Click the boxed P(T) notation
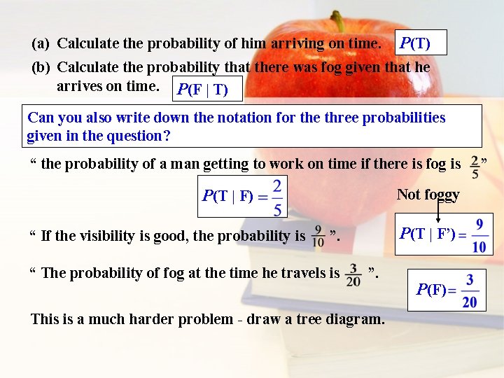pos(421,43)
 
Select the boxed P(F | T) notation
pos(209,90)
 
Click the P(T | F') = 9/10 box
pos(442,235)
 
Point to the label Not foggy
pos(428,195)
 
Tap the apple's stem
pos(338,20)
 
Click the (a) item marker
pos(41,43)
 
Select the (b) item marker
pos(41,67)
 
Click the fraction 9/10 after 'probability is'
pos(318,236)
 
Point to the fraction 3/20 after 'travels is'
pos(353,273)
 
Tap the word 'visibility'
pos(104,236)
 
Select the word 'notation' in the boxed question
pos(243,117)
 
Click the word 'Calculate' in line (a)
pos(88,43)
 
